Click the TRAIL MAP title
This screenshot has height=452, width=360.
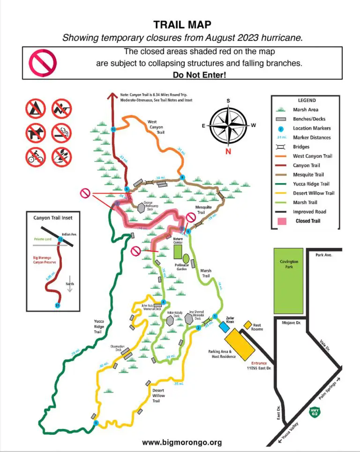click(182, 24)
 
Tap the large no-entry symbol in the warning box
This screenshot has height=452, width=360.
click(43, 62)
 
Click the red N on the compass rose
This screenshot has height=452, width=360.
click(228, 151)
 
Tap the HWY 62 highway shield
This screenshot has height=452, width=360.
click(315, 413)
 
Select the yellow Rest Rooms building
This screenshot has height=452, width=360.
click(247, 325)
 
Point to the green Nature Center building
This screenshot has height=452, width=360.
click(178, 252)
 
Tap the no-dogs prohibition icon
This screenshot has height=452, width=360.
click(35, 133)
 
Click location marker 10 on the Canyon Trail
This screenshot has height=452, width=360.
click(113, 129)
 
